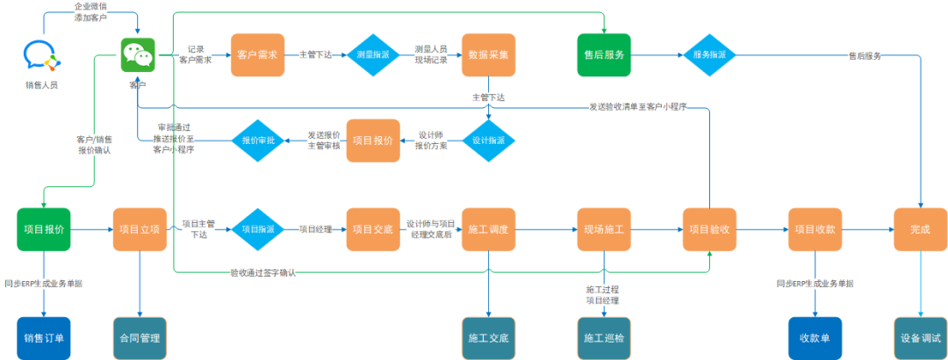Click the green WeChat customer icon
(137, 55)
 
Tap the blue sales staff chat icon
(43, 55)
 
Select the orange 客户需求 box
(257, 54)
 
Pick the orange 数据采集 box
(488, 54)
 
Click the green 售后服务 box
(604, 54)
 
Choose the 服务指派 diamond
(709, 54)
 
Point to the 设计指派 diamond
(488, 140)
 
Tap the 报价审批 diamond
(257, 140)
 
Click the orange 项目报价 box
(373, 140)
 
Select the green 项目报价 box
(43, 230)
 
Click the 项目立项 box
(140, 230)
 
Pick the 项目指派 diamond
(257, 230)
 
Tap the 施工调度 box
(488, 230)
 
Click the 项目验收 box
(709, 230)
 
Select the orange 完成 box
(920, 230)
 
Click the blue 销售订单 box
(43, 338)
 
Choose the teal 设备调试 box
(920, 338)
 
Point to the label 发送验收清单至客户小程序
(636, 107)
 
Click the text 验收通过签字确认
(262, 273)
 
